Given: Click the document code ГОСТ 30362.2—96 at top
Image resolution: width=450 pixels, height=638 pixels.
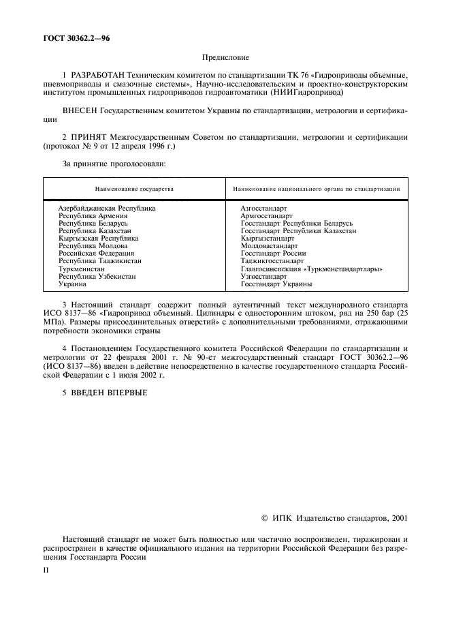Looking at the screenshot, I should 76,38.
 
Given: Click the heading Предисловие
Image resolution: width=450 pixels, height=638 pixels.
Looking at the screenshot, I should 225,59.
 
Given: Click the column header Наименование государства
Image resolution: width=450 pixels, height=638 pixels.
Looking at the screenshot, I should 134,188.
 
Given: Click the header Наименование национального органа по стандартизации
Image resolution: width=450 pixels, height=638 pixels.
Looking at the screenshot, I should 316,188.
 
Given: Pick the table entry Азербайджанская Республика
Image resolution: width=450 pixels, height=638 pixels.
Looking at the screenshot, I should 107,207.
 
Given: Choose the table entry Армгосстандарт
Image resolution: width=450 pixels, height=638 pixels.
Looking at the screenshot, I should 266,215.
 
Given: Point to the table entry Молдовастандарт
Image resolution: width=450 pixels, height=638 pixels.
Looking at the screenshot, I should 269,245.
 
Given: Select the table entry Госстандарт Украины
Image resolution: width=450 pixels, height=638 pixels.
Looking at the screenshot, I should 276,284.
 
